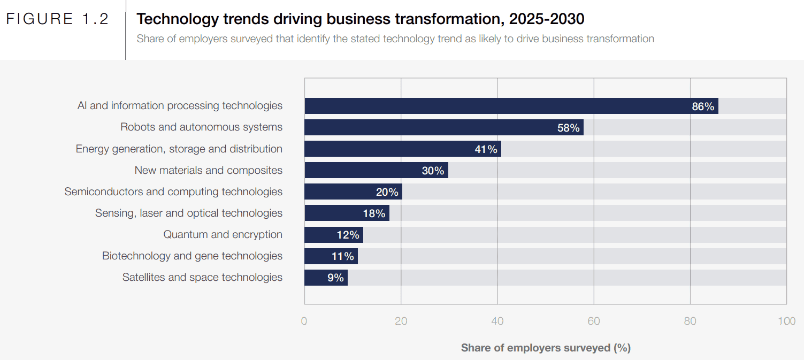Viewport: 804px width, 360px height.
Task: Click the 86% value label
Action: tap(703, 106)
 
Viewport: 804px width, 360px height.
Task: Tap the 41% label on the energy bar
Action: tap(486, 149)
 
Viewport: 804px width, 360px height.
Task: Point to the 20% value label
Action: tap(387, 192)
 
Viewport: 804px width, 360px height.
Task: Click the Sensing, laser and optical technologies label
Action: tap(188, 213)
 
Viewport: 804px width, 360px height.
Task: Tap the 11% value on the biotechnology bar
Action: tap(342, 256)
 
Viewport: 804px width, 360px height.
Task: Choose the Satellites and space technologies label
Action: tap(202, 277)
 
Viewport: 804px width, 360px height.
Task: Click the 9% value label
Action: tap(335, 278)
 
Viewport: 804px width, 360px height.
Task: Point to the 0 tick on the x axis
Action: tap(304, 321)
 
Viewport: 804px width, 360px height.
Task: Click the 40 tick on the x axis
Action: tap(497, 321)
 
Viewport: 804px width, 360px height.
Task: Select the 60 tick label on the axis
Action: tap(594, 321)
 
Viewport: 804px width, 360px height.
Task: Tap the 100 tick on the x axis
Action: tap(786, 321)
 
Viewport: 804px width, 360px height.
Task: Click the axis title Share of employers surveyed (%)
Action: tap(546, 348)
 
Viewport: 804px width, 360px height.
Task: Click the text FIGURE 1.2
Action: tap(57, 19)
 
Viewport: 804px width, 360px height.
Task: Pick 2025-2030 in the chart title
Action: tap(547, 19)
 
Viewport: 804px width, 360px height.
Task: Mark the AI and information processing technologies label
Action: tap(180, 105)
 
